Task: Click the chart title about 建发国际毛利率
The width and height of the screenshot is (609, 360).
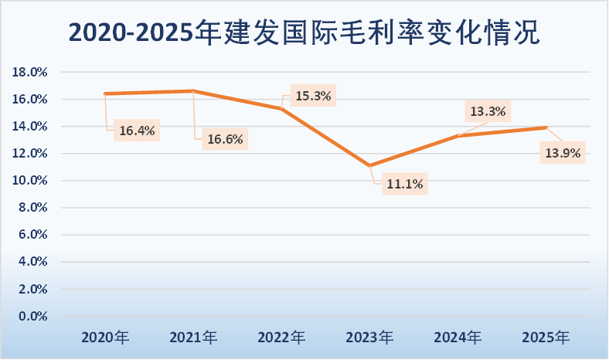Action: pyautogui.click(x=304, y=32)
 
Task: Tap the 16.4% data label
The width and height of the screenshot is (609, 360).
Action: pyautogui.click(x=137, y=131)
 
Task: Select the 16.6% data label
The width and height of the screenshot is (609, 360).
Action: pyautogui.click(x=225, y=140)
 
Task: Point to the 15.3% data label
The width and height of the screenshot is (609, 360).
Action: pyautogui.click(x=313, y=97)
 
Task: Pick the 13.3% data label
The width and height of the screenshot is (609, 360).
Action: pyautogui.click(x=488, y=111)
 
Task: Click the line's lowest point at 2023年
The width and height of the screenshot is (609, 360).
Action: pyautogui.click(x=370, y=165)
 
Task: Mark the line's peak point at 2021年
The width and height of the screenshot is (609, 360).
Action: pyautogui.click(x=193, y=91)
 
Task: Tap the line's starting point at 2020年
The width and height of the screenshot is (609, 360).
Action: pyautogui.click(x=105, y=93)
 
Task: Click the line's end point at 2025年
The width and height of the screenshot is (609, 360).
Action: pyautogui.click(x=546, y=127)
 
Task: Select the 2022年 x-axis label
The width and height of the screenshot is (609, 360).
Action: pyautogui.click(x=281, y=338)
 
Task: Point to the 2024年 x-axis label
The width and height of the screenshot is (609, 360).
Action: pyautogui.click(x=458, y=338)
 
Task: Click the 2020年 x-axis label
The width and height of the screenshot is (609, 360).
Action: pyautogui.click(x=105, y=338)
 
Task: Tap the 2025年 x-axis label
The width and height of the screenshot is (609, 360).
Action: pyautogui.click(x=546, y=338)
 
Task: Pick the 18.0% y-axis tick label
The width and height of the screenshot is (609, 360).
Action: pyautogui.click(x=32, y=72)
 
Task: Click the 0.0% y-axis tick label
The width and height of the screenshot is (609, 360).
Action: pyautogui.click(x=34, y=317)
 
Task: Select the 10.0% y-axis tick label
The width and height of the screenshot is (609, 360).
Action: pyautogui.click(x=32, y=181)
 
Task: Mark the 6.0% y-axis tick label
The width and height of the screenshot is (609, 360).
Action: pyautogui.click(x=34, y=235)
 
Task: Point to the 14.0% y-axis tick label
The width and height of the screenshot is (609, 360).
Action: pyautogui.click(x=32, y=127)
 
